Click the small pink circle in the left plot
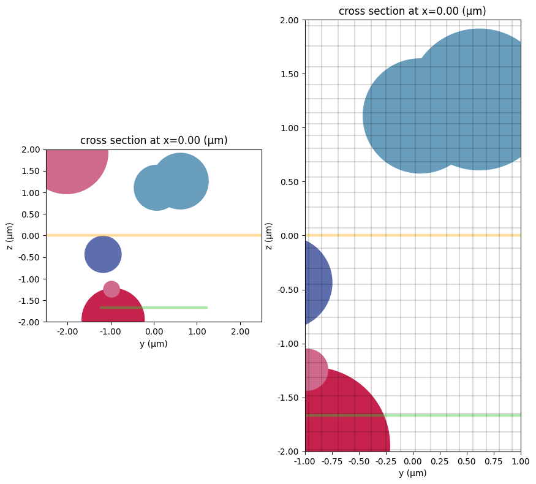(111, 289)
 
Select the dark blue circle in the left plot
(103, 254)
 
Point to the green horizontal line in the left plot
(178, 308)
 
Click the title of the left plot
(154, 140)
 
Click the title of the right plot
(413, 11)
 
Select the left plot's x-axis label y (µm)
(154, 344)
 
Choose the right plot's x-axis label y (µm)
(413, 473)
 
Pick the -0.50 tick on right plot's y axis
(287, 290)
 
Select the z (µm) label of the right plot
(269, 236)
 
